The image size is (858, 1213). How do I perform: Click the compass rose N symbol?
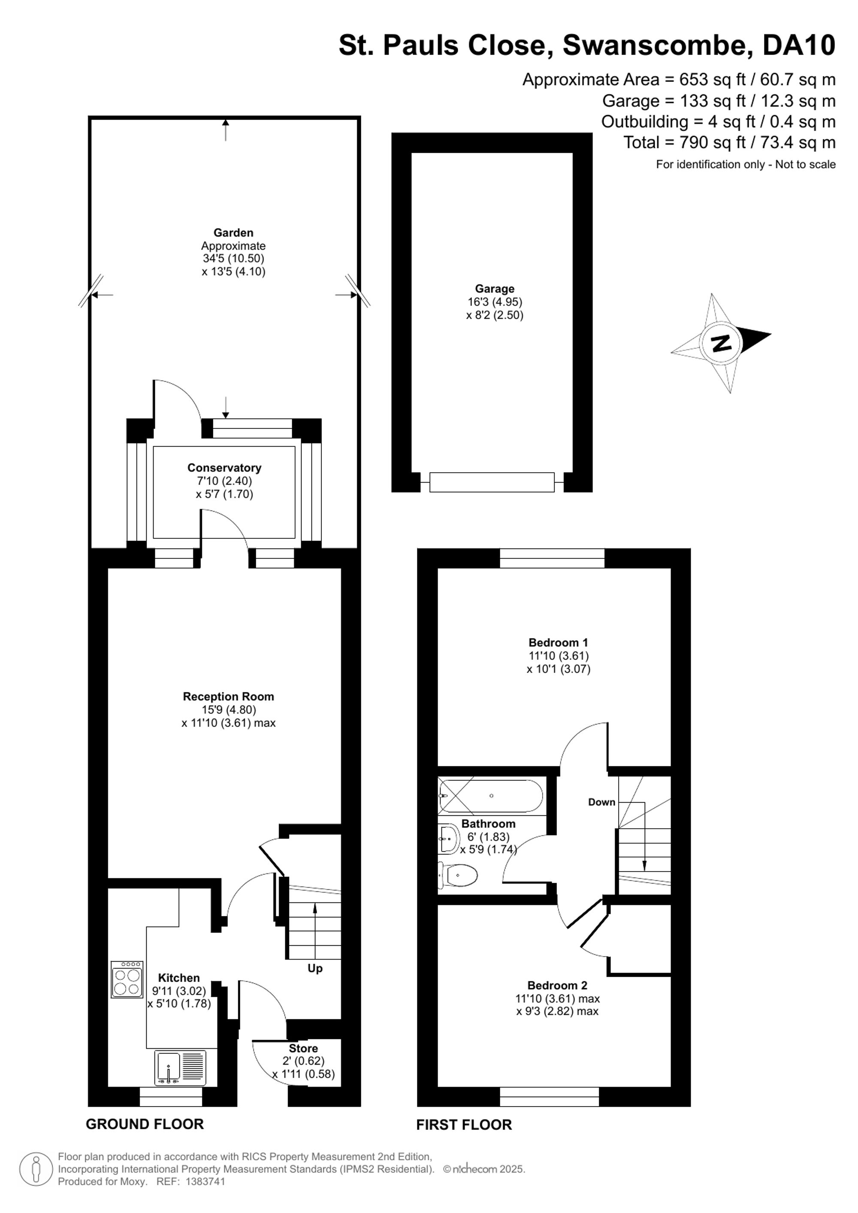point(721,344)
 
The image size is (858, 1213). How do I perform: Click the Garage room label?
point(495,289)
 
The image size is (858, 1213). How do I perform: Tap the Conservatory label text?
point(224,468)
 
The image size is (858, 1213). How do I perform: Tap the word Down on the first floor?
point(602,802)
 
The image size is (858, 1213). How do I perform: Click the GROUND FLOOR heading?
point(145,1124)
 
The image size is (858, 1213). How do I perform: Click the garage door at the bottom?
point(492,483)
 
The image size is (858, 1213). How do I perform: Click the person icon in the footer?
point(36,1169)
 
